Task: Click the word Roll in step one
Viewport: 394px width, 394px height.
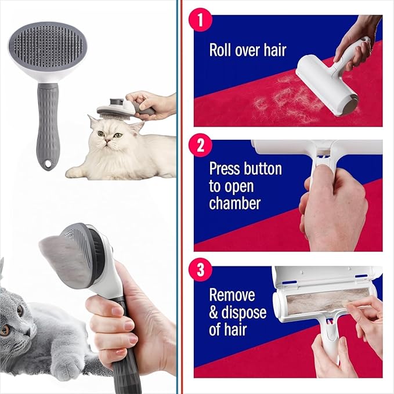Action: point(221,50)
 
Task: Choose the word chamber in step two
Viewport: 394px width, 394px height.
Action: point(234,204)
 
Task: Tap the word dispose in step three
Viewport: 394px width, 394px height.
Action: point(246,313)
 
